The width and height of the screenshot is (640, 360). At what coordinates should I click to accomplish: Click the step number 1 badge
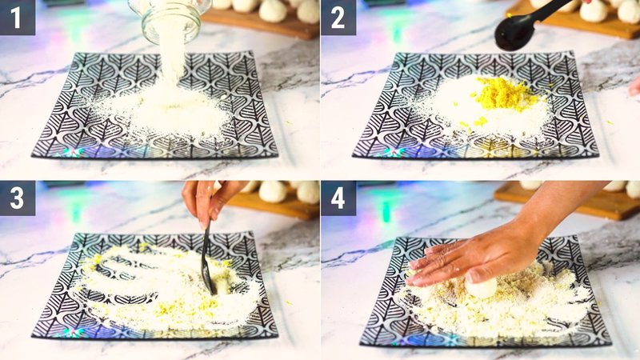[x=18, y=18]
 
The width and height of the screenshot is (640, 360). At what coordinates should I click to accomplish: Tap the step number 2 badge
[x=338, y=18]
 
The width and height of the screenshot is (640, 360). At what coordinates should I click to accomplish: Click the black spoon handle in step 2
[x=552, y=10]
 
